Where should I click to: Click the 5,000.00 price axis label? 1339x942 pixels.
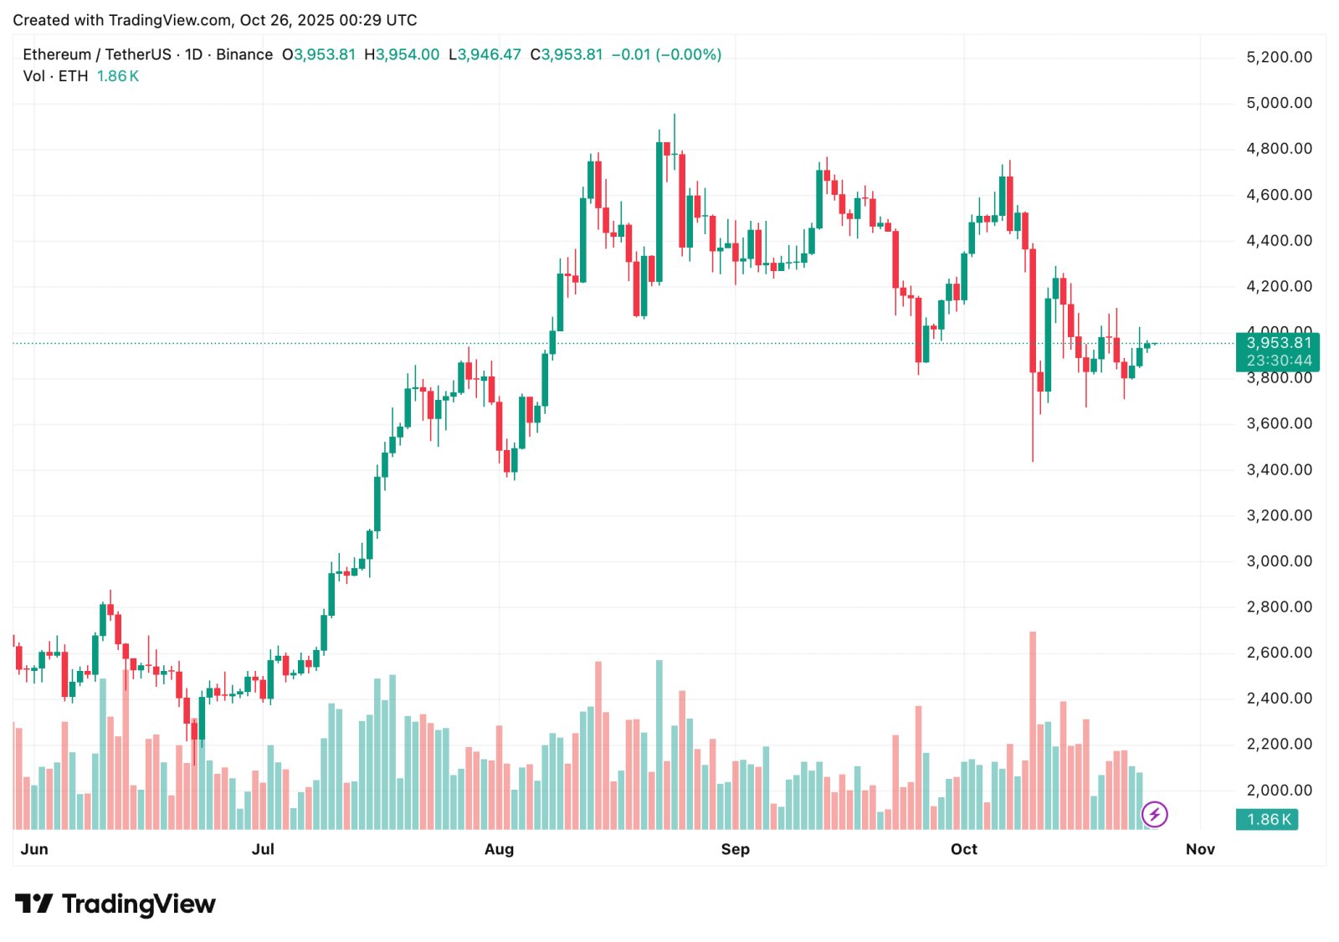(x=1279, y=103)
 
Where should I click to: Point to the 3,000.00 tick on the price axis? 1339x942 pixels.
(x=1279, y=561)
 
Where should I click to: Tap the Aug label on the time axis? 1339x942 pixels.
(x=499, y=849)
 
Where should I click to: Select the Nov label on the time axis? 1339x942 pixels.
(x=1199, y=849)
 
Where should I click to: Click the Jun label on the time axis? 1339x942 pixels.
(x=34, y=849)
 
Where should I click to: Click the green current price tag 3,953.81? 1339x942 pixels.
(x=1278, y=343)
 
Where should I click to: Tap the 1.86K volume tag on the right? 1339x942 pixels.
(x=1267, y=820)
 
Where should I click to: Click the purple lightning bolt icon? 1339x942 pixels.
(x=1154, y=814)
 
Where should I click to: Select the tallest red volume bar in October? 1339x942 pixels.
(x=1033, y=728)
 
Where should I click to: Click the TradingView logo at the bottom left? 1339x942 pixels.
(x=115, y=904)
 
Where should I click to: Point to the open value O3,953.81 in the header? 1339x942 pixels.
(x=319, y=54)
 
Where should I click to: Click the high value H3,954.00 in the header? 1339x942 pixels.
(x=402, y=54)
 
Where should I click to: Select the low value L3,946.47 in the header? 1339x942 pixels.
(x=485, y=54)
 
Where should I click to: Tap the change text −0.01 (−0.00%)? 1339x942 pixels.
(x=666, y=54)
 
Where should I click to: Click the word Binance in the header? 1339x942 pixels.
(x=244, y=54)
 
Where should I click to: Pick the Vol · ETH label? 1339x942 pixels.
(x=55, y=76)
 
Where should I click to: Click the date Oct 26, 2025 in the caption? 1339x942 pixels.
(x=286, y=20)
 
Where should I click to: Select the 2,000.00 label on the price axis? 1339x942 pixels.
(x=1279, y=791)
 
